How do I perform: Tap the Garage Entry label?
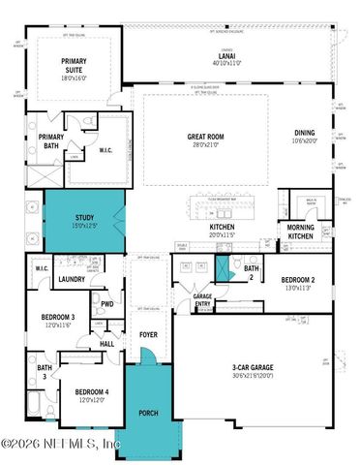tap(202, 299)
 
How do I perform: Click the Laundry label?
tap(72, 280)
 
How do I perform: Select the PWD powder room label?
tap(106, 302)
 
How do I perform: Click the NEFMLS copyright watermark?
tap(60, 444)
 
